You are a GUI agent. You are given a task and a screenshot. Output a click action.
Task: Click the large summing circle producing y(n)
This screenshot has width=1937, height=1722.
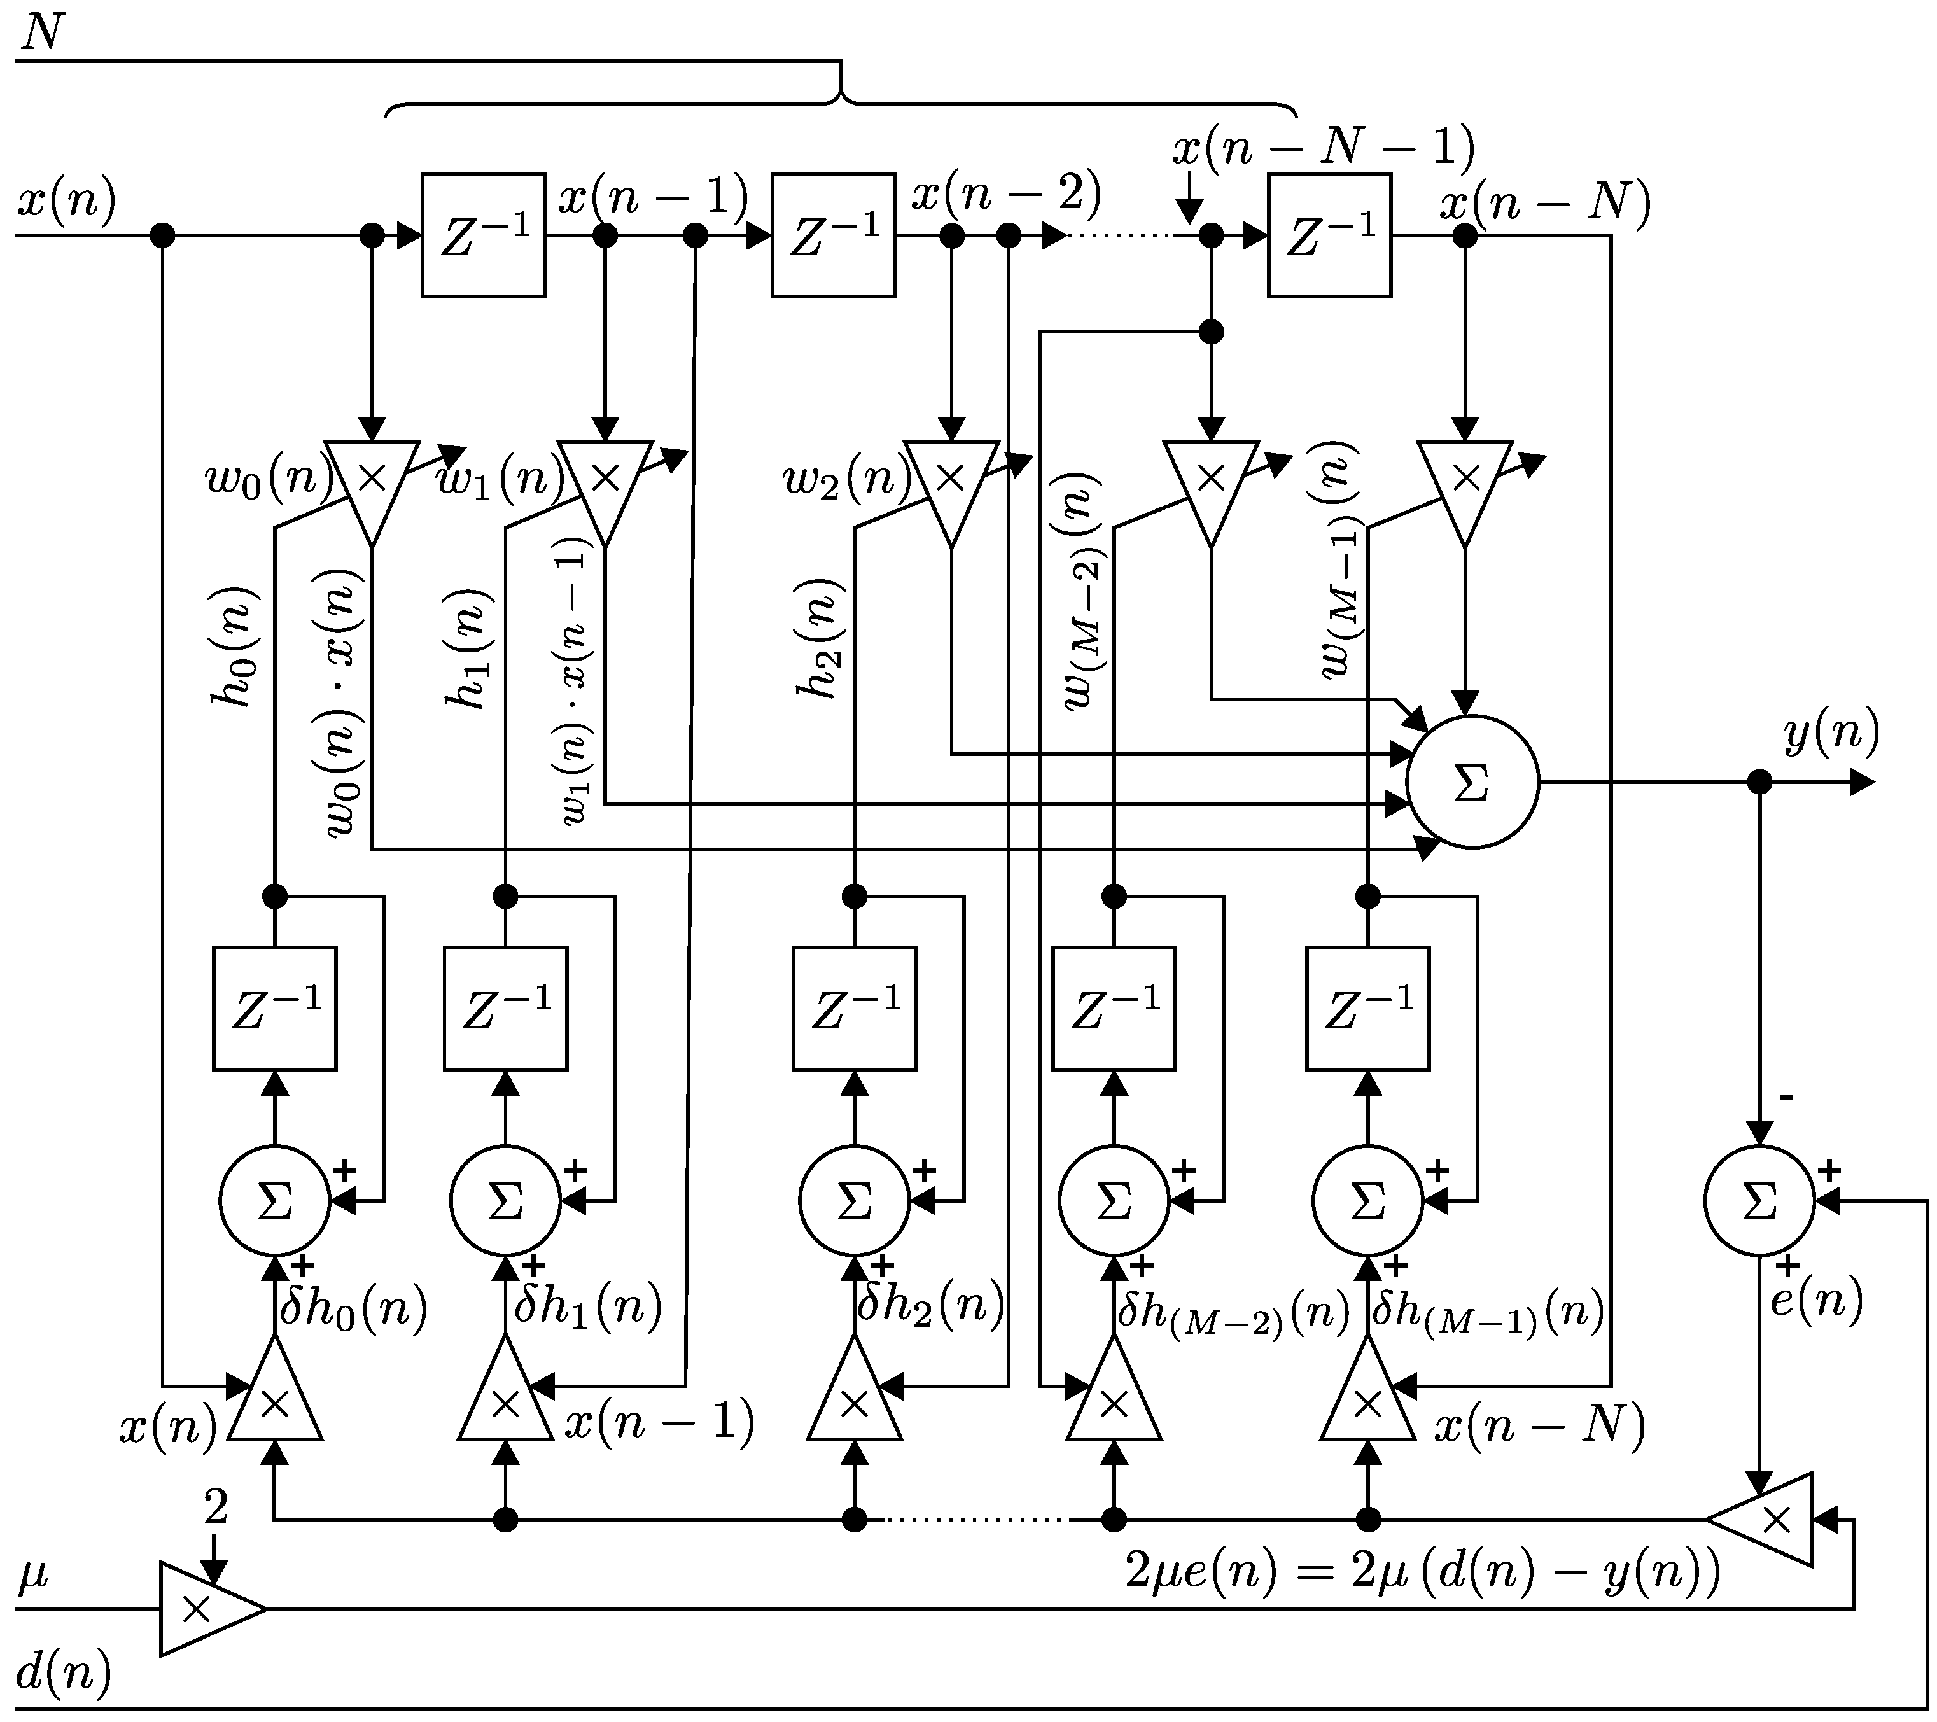pos(1472,783)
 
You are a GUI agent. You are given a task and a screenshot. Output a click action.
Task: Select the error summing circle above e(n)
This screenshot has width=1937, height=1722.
pos(1759,1201)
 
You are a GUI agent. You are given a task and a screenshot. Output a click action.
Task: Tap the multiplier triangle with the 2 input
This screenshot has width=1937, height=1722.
pos(204,1608)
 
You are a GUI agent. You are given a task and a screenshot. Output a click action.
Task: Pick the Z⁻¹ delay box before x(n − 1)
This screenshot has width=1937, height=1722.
pos(484,235)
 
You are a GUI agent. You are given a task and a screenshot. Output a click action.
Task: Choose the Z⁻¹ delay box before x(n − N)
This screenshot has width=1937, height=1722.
pos(1329,235)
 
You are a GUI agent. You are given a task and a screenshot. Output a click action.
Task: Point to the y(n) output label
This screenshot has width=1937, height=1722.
pos(1831,734)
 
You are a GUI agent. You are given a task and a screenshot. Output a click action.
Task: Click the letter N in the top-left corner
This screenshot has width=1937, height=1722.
pos(42,33)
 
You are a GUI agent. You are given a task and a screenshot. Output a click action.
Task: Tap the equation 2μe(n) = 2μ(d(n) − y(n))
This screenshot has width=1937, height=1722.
pos(1422,1572)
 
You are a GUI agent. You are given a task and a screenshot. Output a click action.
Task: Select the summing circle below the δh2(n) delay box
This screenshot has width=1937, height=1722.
pos(854,1201)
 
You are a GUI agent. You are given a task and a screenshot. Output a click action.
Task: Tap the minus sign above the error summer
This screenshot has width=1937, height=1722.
pos(1786,1098)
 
